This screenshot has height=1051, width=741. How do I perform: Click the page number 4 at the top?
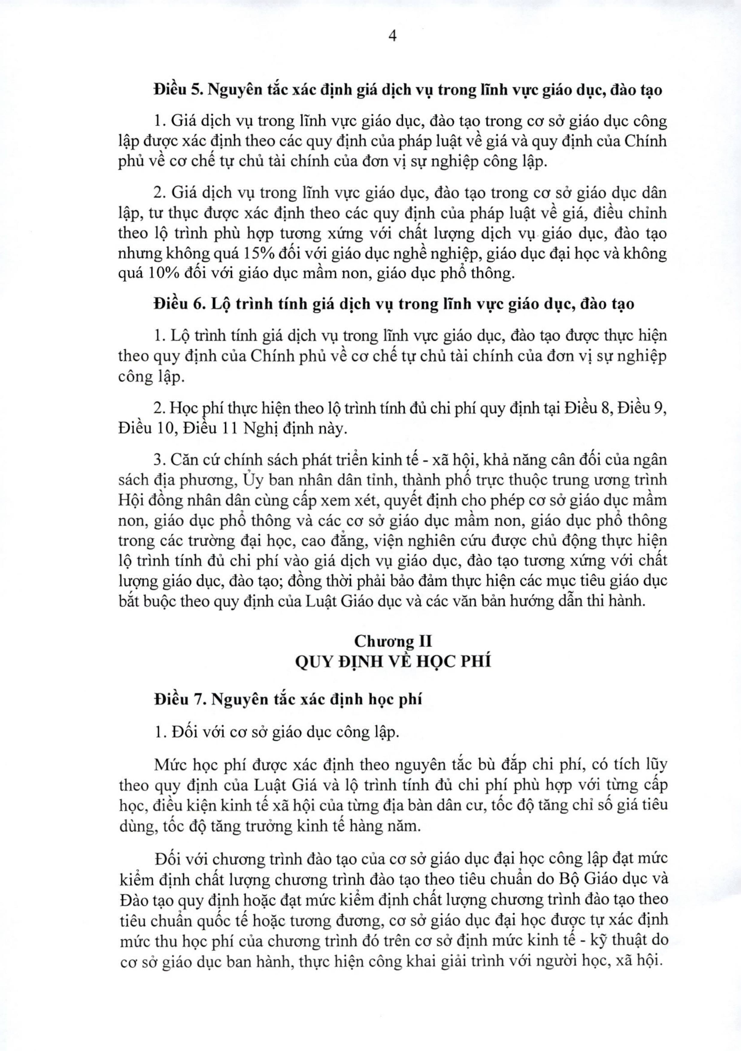[392, 36]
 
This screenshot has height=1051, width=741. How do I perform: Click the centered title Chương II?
[393, 641]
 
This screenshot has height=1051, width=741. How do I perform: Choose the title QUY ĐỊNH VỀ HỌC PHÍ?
[393, 662]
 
